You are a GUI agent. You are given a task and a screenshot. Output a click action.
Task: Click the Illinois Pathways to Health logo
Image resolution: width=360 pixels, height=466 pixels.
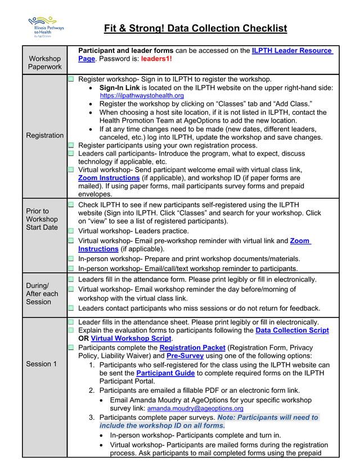click(46, 27)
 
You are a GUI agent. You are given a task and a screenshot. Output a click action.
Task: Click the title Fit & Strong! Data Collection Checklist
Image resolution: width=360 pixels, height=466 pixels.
click(195, 28)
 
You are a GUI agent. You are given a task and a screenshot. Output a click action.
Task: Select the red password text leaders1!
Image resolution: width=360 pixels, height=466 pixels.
click(156, 59)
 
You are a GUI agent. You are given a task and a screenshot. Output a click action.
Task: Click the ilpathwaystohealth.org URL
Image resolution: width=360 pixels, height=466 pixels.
click(142, 96)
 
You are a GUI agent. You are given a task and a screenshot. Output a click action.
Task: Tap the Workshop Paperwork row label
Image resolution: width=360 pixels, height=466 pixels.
click(45, 62)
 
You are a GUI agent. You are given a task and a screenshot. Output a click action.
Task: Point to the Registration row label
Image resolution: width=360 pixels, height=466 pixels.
click(45, 135)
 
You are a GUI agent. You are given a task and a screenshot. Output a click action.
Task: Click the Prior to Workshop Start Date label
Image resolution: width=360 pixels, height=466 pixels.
click(42, 219)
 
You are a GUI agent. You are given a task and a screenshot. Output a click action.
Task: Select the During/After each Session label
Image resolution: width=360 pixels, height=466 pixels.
click(42, 293)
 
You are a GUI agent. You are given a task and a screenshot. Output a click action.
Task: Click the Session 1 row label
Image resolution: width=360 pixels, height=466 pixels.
click(42, 364)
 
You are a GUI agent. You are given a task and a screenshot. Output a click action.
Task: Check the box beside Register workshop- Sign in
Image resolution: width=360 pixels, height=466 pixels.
click(71, 79)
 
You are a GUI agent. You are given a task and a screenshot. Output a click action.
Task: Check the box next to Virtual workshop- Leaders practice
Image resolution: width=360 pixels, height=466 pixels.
click(71, 231)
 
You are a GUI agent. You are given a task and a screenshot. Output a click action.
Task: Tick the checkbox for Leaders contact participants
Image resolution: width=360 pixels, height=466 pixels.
click(71, 308)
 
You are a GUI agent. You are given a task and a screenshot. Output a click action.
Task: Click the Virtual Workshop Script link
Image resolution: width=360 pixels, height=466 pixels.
click(130, 339)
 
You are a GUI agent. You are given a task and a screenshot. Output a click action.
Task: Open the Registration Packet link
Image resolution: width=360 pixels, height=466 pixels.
click(192, 348)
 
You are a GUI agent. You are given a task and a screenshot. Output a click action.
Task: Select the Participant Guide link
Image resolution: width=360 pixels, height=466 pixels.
click(162, 373)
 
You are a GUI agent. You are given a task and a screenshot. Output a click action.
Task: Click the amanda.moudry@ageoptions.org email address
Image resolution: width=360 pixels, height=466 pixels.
click(195, 408)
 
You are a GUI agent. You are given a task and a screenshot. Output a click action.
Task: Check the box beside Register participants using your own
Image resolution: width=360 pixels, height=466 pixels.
click(71, 145)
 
